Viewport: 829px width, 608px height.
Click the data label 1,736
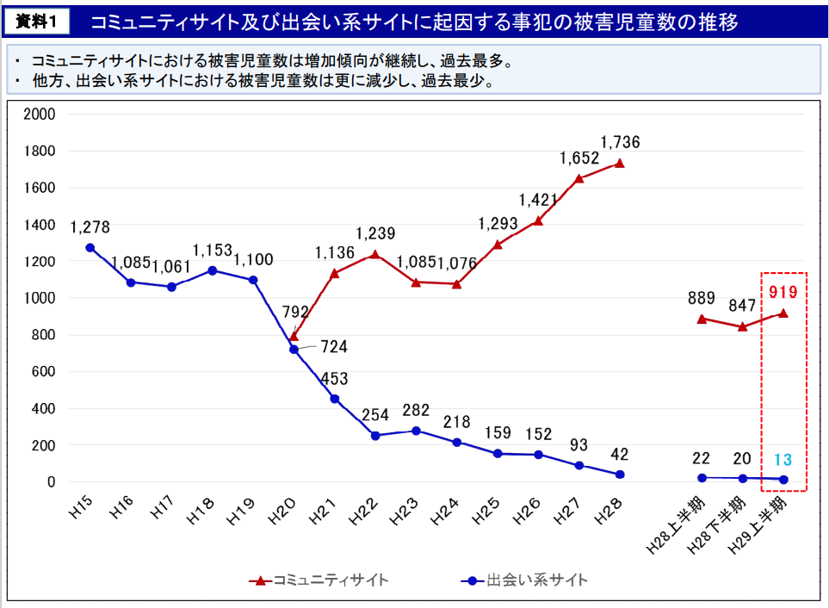click(620, 142)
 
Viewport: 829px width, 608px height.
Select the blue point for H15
click(90, 248)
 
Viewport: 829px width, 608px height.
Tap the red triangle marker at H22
click(374, 254)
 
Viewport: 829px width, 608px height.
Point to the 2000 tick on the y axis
click(40, 115)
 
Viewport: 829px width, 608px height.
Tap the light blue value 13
click(783, 459)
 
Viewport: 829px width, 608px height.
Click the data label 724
click(333, 347)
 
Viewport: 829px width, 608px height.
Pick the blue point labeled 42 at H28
click(619, 475)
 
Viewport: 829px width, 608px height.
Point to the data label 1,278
click(90, 227)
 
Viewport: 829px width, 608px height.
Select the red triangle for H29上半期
click(783, 313)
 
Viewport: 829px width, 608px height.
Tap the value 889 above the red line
click(702, 299)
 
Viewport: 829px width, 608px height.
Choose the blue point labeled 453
click(334, 399)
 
